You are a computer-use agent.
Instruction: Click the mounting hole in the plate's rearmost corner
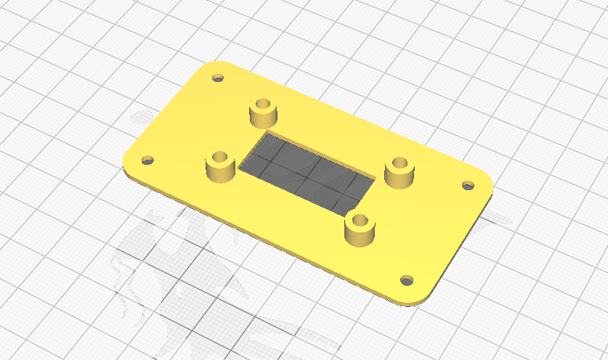[x=216, y=77]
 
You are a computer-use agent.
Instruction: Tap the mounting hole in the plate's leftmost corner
[x=147, y=160]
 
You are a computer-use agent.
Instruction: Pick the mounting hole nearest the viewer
[x=407, y=279]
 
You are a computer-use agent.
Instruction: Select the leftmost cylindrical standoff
[x=220, y=166]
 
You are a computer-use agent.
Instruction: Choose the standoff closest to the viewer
[x=360, y=230]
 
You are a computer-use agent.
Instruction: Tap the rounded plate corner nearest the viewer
[x=414, y=299]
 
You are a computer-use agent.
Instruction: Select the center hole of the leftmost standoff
[x=220, y=156]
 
